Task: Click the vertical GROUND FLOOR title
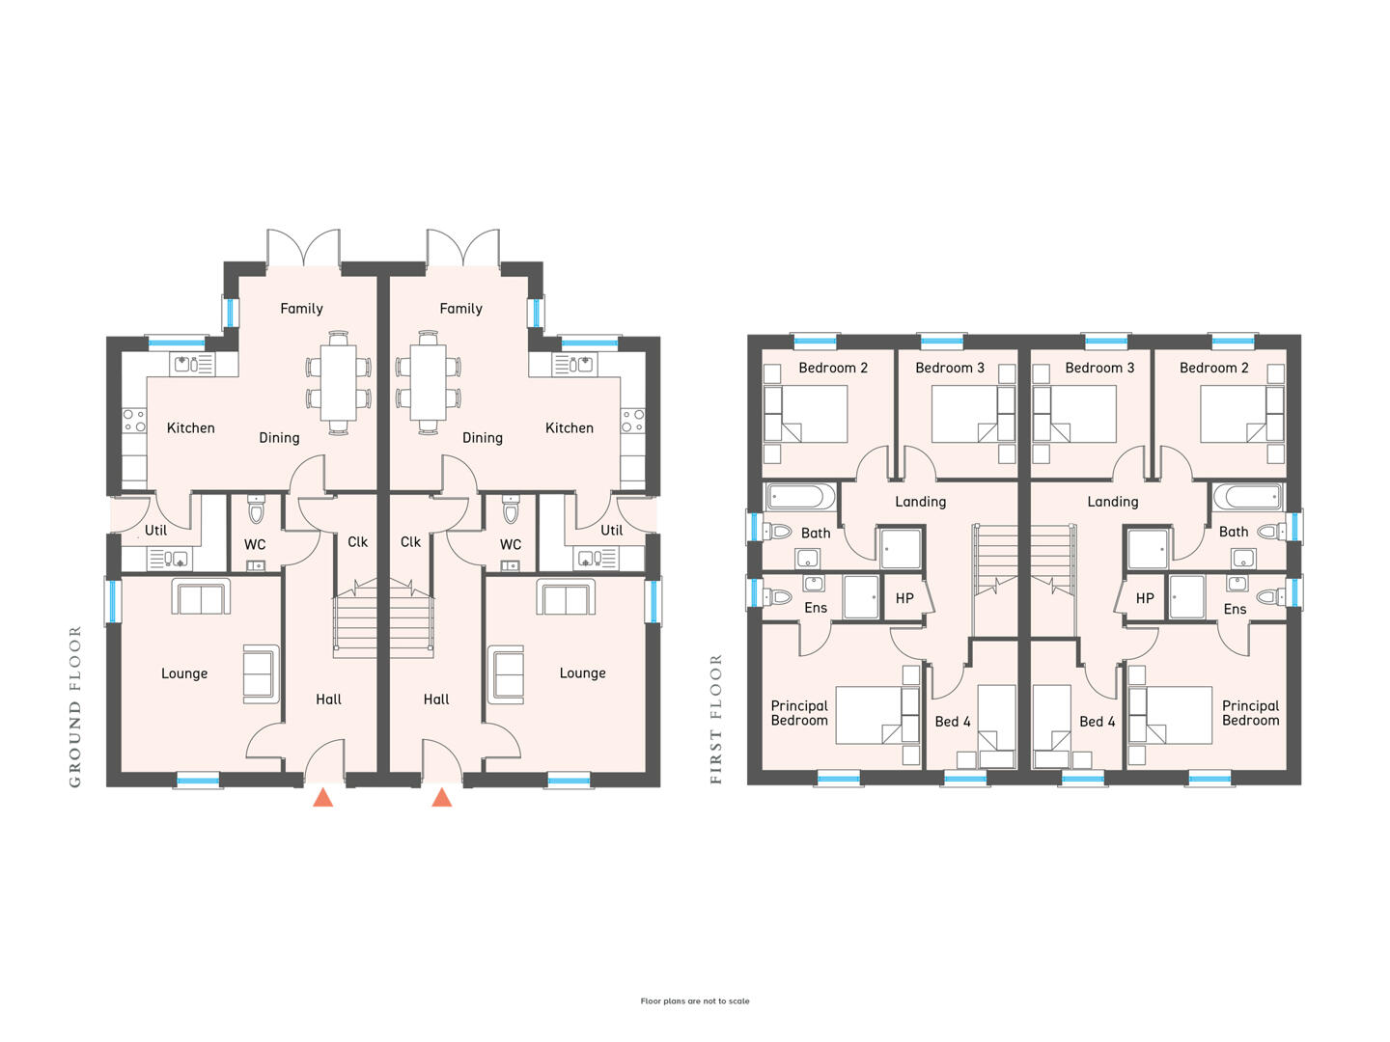pyautogui.click(x=75, y=706)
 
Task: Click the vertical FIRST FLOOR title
pyautogui.click(x=716, y=720)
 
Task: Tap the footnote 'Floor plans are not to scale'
pyautogui.click(x=695, y=1001)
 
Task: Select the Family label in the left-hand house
pyautogui.click(x=301, y=309)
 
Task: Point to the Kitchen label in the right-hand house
pyautogui.click(x=570, y=428)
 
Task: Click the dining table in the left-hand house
pyautogui.click(x=338, y=382)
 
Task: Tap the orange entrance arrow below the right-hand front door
pyautogui.click(x=441, y=797)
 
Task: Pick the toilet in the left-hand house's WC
pyautogui.click(x=255, y=508)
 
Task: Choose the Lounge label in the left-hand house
pyautogui.click(x=184, y=673)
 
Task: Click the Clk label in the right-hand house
pyautogui.click(x=410, y=542)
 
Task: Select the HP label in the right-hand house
pyautogui.click(x=1144, y=598)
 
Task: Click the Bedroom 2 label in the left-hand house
pyautogui.click(x=833, y=369)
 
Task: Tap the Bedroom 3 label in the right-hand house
pyautogui.click(x=1099, y=369)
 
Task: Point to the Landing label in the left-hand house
pyautogui.click(x=920, y=503)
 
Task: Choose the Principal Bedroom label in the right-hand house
pyautogui.click(x=1250, y=713)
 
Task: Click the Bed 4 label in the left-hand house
pyautogui.click(x=953, y=722)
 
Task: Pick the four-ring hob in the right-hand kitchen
pyautogui.click(x=632, y=421)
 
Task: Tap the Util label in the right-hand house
pyautogui.click(x=611, y=531)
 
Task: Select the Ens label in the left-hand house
pyautogui.click(x=816, y=608)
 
